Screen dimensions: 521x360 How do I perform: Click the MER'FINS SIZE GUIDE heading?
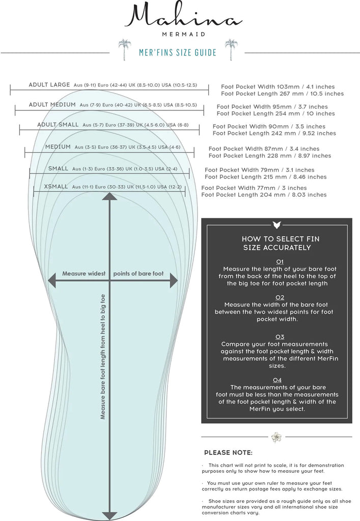tap(178, 52)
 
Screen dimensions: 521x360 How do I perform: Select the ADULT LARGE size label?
tap(49, 84)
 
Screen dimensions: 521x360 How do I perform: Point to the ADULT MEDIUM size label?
tap(52, 104)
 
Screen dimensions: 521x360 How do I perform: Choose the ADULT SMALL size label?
tap(58, 124)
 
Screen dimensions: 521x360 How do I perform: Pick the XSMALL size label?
tap(56, 187)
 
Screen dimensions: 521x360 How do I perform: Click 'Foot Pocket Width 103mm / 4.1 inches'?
tap(281, 86)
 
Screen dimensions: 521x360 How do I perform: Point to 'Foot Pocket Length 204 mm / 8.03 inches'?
tap(264, 194)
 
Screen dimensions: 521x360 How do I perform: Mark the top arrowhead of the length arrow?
tap(109, 196)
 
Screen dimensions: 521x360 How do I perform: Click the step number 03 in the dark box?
tap(280, 337)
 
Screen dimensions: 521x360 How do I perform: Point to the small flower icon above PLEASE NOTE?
tap(276, 437)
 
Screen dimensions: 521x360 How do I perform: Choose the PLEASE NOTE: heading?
tap(228, 452)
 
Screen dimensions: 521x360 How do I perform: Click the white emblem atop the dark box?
tap(276, 224)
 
